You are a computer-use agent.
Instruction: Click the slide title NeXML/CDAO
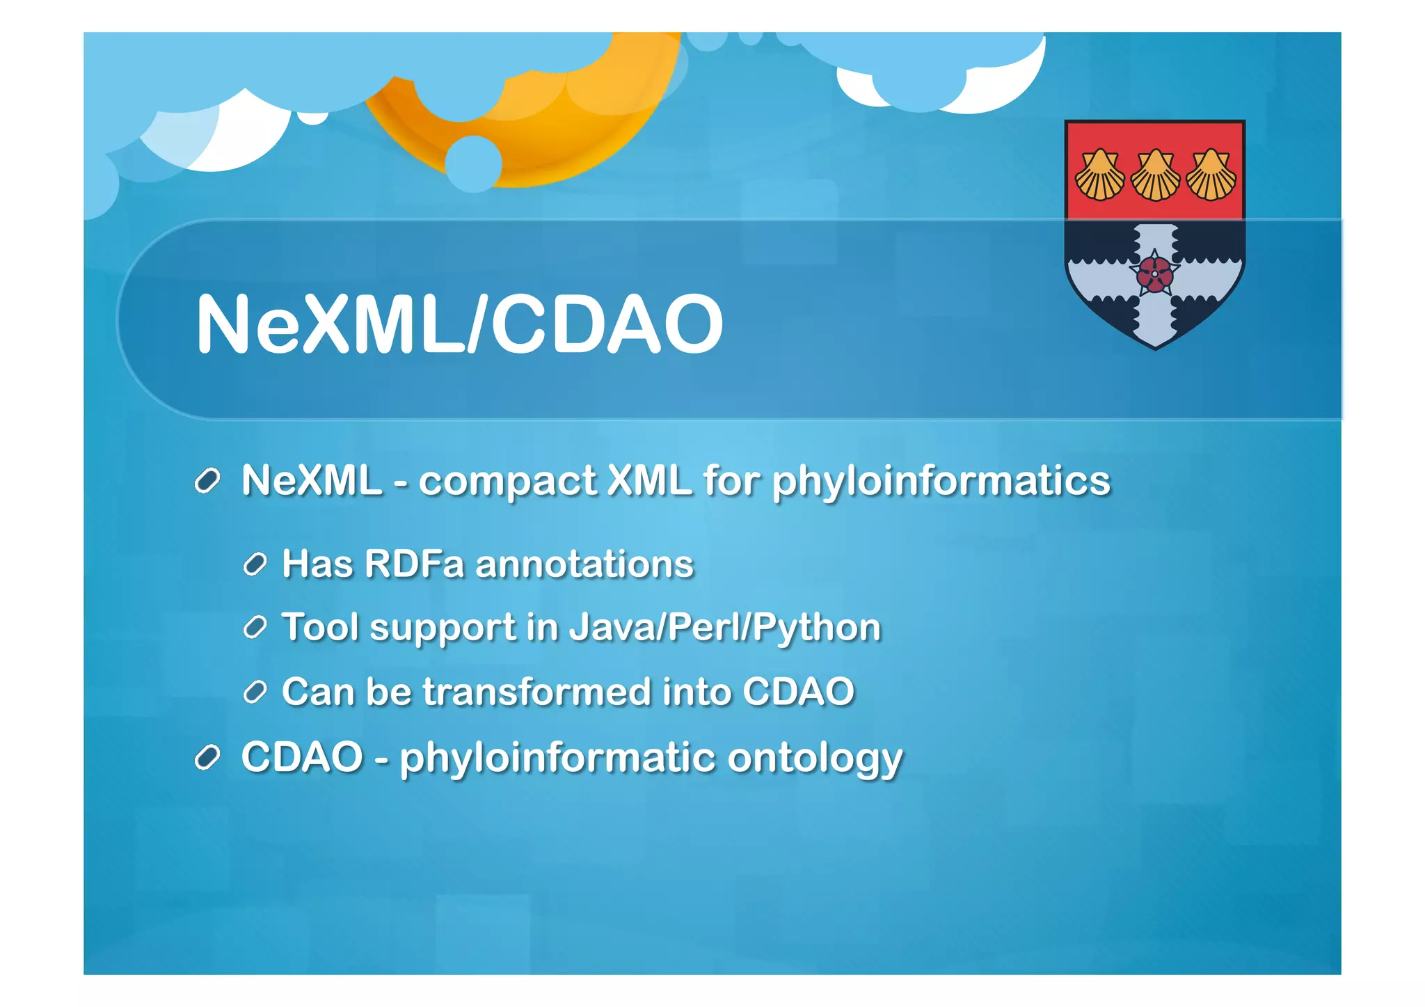point(459,324)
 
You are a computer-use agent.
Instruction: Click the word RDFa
point(414,564)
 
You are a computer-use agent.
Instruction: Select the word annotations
point(584,564)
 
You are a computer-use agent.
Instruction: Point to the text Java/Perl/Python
point(725,628)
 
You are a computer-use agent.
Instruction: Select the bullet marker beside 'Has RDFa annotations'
point(255,564)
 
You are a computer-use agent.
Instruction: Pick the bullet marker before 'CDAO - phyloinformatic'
point(207,758)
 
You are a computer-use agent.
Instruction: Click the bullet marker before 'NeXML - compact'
point(207,481)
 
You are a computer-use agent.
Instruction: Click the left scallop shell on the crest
point(1099,175)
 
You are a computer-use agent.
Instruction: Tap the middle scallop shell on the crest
point(1155,175)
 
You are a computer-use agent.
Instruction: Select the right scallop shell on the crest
point(1211,175)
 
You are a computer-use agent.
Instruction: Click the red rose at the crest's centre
point(1154,274)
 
